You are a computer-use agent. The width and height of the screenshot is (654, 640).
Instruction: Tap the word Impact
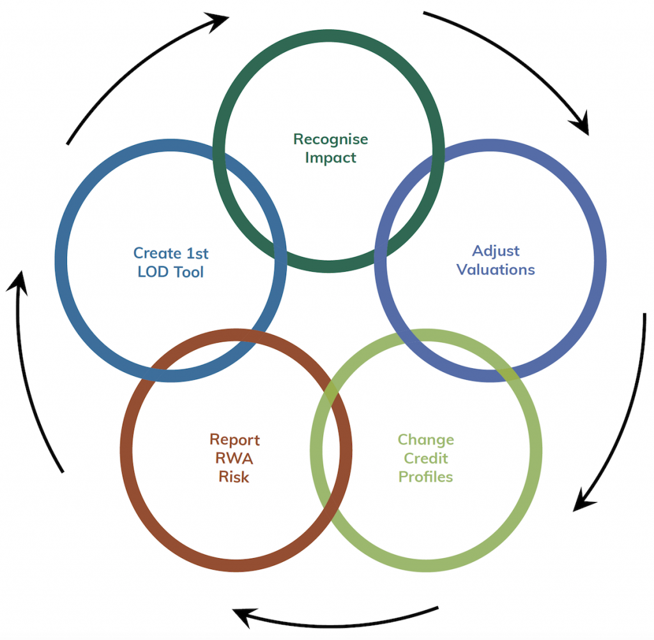[x=330, y=157]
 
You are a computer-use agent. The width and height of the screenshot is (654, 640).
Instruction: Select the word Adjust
[x=496, y=251]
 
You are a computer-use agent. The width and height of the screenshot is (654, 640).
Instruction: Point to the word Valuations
[x=496, y=269]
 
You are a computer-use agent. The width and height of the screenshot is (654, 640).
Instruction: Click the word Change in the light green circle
[x=425, y=440]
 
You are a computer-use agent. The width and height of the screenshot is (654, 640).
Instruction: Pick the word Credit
[x=425, y=458]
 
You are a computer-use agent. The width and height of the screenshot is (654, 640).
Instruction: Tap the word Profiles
[x=425, y=477]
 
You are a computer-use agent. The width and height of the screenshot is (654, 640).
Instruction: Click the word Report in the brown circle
[x=234, y=440]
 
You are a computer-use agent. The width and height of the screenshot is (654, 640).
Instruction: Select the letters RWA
[x=234, y=458]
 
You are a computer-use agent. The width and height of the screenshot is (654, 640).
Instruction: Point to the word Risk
[x=234, y=477]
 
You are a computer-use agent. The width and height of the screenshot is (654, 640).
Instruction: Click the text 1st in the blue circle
[x=197, y=253]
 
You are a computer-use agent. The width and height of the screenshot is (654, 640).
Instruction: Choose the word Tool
[x=188, y=272]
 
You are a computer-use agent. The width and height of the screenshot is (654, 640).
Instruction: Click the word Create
[x=157, y=253]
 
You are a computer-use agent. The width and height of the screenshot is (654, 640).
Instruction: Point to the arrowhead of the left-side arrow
[x=20, y=281]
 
